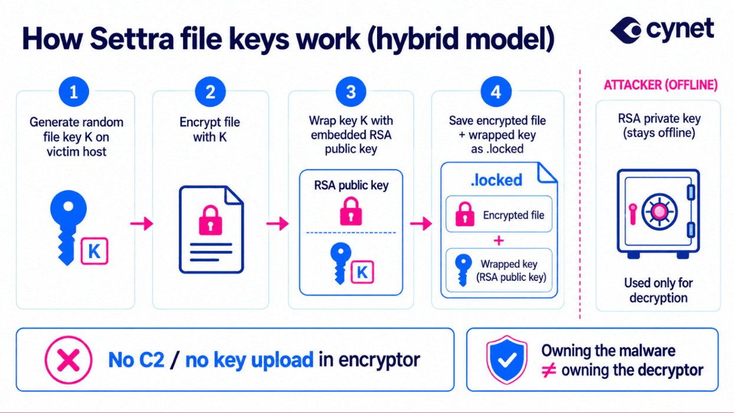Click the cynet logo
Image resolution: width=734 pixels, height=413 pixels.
661,30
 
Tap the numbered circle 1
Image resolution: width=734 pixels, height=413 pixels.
74,92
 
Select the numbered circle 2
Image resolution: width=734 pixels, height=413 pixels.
211,92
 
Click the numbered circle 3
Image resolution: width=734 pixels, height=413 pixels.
351,92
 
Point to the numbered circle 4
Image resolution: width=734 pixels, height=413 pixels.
496,92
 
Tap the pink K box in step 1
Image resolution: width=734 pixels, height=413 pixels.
94,251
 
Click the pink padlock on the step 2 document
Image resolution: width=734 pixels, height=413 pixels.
211,220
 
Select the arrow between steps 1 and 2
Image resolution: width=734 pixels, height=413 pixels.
142,224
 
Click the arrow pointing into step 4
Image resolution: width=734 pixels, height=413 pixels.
421,224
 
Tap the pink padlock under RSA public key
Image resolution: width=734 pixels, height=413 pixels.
351,211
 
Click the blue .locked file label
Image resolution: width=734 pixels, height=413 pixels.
496,181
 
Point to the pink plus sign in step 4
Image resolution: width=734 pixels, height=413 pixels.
499,241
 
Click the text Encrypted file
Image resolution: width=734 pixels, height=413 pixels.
513,215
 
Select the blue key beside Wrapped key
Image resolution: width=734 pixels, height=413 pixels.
463,270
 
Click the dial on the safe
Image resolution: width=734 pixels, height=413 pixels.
659,212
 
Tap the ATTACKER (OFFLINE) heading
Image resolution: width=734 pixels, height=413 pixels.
661,85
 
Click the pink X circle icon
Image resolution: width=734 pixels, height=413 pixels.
68,360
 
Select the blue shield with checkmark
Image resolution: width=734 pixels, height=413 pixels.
507,359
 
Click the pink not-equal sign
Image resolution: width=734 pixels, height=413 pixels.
549,371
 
